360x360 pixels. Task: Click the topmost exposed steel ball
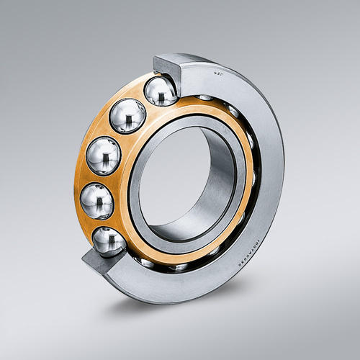tap(161, 92)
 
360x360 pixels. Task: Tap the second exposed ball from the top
tap(127, 116)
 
